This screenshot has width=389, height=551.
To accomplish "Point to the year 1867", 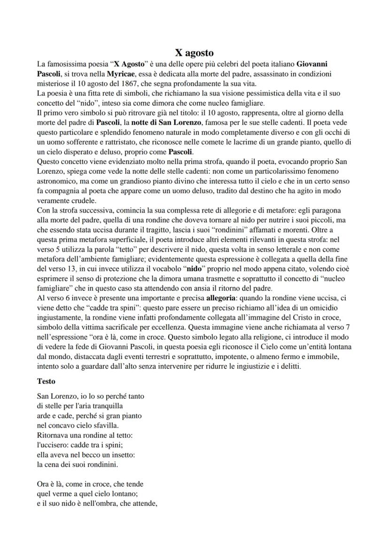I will point(119,84).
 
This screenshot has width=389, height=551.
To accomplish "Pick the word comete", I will point(205,142).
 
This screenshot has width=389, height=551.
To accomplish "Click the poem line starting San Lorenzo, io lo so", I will point(90,396).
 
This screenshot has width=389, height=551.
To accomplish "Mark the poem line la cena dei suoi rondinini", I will point(78,465).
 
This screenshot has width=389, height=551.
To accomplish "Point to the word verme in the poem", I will point(63,494).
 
